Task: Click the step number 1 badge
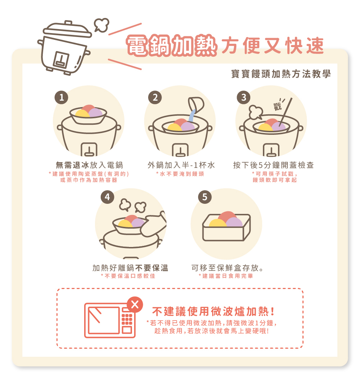61,97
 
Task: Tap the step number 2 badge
155,97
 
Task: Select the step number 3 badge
243,97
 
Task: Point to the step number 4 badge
107,197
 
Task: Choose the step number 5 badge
205,197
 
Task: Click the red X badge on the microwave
135,304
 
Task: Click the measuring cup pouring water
196,105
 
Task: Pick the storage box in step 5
227,228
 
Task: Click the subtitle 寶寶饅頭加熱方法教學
281,74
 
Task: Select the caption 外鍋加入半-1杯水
181,165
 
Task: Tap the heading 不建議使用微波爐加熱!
213,311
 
